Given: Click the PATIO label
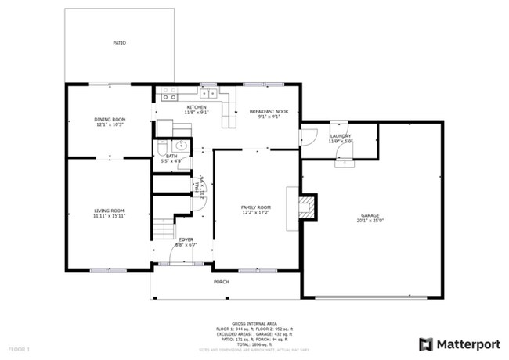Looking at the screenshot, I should click(x=119, y=43).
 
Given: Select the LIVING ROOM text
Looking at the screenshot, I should click(x=110, y=211).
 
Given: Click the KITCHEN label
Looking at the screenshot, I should click(x=196, y=106).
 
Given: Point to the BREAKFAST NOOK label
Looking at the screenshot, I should click(x=269, y=112).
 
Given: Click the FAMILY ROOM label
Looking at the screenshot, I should click(x=255, y=207).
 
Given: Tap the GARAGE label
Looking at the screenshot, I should click(x=370, y=215).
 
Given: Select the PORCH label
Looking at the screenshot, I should click(x=222, y=283).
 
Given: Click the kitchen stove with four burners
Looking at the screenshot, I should click(x=168, y=95).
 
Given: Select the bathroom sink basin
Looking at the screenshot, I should click(x=180, y=145).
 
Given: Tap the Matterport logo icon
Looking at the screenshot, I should click(x=425, y=344).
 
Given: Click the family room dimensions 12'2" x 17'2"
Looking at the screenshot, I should click(x=255, y=212).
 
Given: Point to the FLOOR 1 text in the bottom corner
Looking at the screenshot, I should click(x=19, y=347).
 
